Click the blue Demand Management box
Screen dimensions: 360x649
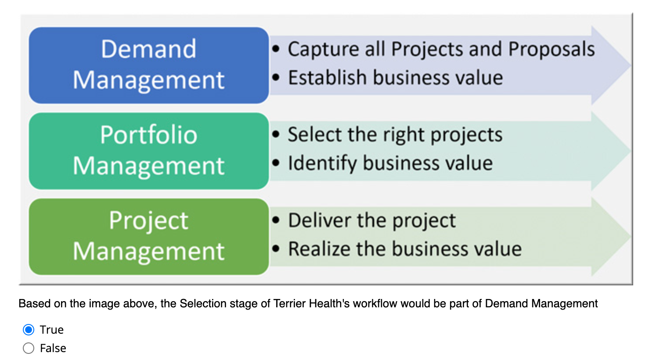coord(148,65)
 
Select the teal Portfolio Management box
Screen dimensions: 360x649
coord(148,151)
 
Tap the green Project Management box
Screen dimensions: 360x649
coord(148,237)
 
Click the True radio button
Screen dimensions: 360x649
coord(29,330)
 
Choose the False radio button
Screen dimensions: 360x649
coord(29,348)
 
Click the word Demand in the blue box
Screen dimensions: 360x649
coord(148,49)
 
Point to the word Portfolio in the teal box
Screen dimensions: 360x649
coord(148,134)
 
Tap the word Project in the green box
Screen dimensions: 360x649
coord(148,220)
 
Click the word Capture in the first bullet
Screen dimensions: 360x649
coord(323,49)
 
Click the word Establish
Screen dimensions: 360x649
coord(327,78)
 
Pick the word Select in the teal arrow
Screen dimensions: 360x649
coord(314,134)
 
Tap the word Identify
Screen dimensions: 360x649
coord(322,163)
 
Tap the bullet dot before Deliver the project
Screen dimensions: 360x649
coord(276,220)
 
